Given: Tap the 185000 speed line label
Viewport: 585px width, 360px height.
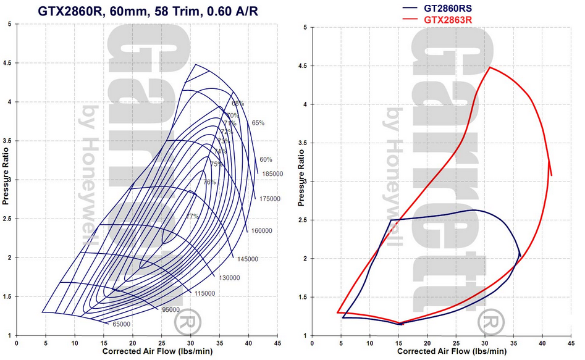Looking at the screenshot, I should click(272, 174).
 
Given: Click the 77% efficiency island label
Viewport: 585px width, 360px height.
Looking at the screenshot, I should click(192, 216).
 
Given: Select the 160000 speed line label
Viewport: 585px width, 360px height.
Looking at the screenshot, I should click(262, 231).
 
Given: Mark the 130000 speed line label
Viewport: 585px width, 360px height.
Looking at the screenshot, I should click(229, 278).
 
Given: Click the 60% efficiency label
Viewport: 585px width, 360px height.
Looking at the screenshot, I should click(266, 159).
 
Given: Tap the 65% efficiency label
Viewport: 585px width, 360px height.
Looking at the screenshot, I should click(258, 123).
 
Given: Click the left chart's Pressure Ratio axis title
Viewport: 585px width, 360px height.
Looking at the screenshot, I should click(5, 179).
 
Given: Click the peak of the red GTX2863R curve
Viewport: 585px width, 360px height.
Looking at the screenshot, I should click(490, 67).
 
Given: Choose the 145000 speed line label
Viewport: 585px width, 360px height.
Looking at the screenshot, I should click(246, 259).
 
